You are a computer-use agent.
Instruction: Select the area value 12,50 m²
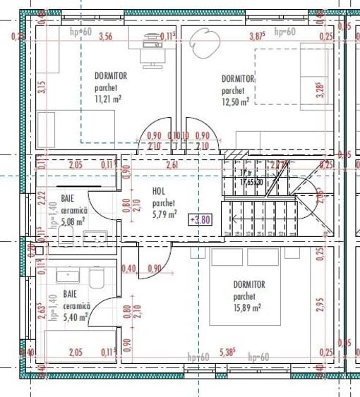click(235, 102)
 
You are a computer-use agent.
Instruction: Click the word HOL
click(159, 190)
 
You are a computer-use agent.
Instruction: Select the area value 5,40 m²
click(76, 317)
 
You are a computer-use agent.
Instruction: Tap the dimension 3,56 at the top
click(106, 36)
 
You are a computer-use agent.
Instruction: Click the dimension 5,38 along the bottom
click(228, 352)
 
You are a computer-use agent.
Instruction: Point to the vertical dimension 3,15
click(42, 87)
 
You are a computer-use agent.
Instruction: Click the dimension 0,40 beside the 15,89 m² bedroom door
click(128, 269)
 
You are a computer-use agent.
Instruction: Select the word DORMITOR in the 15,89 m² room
click(249, 285)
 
